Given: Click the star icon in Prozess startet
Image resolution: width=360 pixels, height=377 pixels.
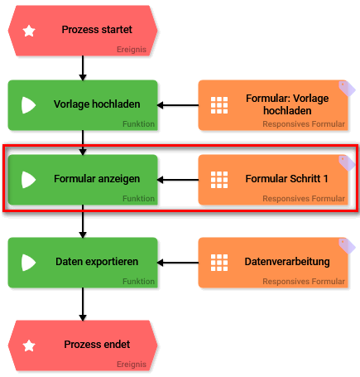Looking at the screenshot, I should [x=30, y=31].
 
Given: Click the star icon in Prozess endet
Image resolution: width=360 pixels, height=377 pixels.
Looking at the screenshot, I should [x=30, y=345].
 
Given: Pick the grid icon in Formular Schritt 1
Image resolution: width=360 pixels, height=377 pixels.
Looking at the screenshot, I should [x=219, y=179].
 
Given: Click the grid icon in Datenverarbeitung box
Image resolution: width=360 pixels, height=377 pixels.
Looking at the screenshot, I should [x=219, y=262].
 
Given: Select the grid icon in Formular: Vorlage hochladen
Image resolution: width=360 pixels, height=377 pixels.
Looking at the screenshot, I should [x=219, y=105].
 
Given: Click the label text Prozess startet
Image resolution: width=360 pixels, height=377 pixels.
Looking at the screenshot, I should [x=96, y=30].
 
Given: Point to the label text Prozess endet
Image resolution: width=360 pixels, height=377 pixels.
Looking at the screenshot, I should [x=97, y=344].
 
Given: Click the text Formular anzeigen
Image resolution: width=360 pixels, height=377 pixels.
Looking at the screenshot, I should [x=97, y=178].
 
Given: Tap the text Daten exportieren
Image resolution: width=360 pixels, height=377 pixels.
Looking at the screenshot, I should [x=96, y=261].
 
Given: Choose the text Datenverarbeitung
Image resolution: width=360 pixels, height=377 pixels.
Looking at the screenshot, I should [x=287, y=261].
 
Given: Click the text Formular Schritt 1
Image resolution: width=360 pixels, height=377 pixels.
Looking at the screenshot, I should [x=287, y=178].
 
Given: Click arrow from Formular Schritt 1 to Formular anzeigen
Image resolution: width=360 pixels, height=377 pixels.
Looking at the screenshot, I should [x=178, y=179].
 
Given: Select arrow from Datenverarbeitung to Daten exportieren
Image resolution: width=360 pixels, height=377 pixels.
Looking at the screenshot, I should [x=178, y=262].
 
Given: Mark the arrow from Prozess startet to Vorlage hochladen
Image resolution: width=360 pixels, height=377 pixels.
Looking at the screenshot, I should [x=83, y=67].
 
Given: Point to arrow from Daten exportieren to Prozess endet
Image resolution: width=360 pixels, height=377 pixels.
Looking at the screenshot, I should [x=83, y=303].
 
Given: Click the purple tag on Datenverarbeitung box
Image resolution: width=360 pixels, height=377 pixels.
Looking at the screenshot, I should [x=348, y=245].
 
